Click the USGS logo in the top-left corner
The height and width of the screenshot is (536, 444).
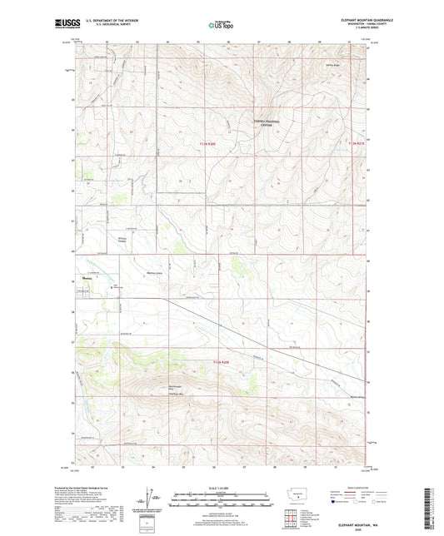[x=66, y=25]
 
